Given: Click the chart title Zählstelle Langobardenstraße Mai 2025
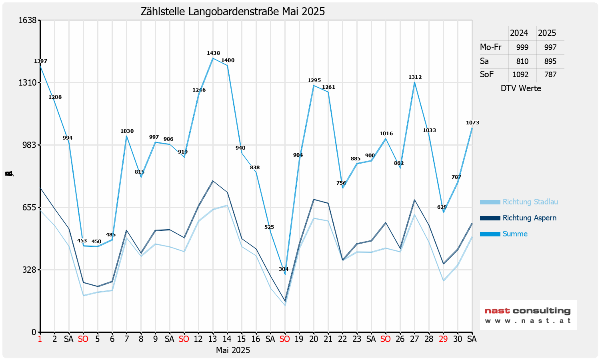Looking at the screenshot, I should [233, 12].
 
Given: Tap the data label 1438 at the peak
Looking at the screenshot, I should [213, 53].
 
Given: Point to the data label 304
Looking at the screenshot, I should [284, 269].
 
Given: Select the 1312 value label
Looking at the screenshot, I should [415, 77].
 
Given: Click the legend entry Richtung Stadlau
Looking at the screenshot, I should [530, 202].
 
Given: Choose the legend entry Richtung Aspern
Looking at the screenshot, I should [529, 218].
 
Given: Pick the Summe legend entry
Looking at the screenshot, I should [515, 234].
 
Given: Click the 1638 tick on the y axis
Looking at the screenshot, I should [28, 20].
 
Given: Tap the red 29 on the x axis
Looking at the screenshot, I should [443, 339].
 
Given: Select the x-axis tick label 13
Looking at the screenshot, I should [212, 339].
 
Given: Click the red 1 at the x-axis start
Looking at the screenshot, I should [40, 339].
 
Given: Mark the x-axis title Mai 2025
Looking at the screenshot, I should [233, 350].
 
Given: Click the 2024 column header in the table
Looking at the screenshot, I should [519, 33].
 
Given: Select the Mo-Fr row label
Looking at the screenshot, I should [490, 47].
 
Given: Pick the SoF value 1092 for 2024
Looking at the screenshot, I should [520, 75].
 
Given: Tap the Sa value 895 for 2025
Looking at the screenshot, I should [550, 61].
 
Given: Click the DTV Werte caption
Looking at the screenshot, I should [521, 88].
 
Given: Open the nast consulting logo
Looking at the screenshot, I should [528, 315].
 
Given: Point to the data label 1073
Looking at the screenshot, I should [472, 123].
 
